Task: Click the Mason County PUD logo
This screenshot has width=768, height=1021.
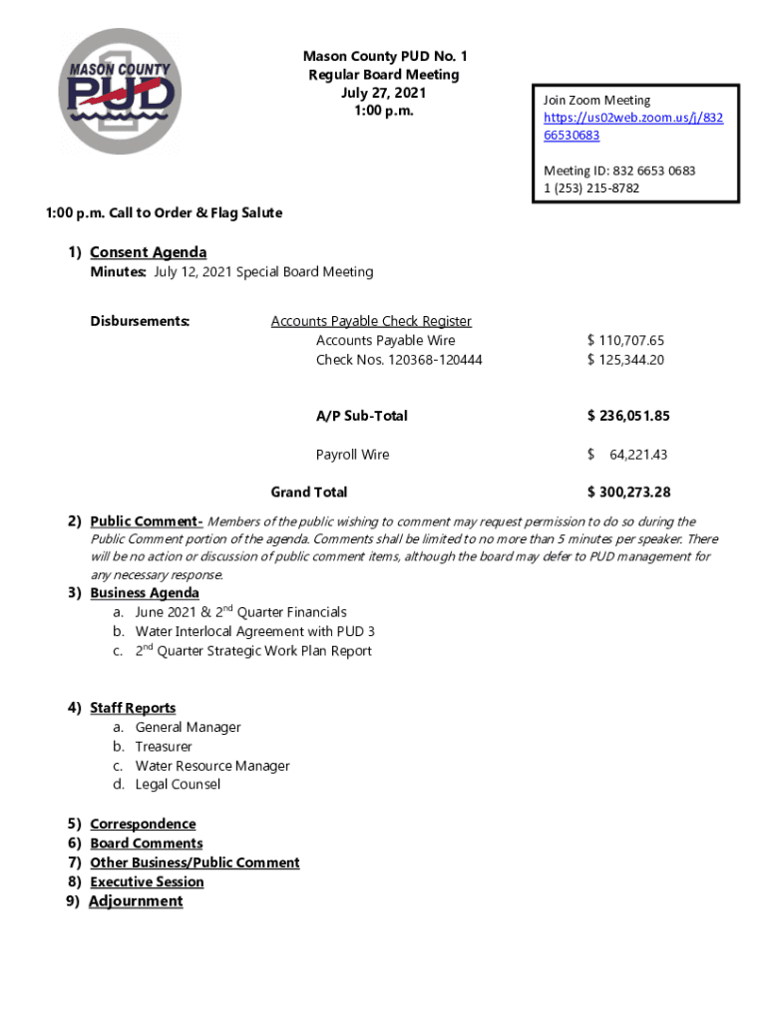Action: point(122,92)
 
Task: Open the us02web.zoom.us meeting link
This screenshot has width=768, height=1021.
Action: point(633,118)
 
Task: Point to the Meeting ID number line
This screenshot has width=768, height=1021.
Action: point(619,170)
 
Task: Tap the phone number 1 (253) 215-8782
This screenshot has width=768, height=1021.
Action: point(591,188)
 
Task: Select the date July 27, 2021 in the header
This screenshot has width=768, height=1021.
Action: point(383,93)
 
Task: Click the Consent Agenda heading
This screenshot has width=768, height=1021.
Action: point(148,252)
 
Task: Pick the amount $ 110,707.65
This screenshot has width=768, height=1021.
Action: point(625,341)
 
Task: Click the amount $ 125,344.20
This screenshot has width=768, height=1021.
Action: point(625,360)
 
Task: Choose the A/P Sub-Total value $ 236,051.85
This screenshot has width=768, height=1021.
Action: point(628,416)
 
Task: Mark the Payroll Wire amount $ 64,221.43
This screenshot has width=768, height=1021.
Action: point(627,455)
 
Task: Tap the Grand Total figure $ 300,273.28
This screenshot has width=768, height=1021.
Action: point(628,493)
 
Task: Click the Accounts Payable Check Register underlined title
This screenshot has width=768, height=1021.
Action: point(371,321)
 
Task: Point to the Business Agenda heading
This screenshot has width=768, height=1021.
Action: point(145,593)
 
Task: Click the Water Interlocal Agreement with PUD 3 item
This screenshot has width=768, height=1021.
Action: point(254,632)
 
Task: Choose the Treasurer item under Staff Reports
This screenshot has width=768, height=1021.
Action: point(164,747)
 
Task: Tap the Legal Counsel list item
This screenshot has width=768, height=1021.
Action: point(178,785)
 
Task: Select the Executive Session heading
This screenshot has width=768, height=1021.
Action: point(147,882)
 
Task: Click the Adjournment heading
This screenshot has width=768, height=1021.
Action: point(136,901)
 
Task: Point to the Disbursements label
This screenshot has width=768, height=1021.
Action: point(140,321)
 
